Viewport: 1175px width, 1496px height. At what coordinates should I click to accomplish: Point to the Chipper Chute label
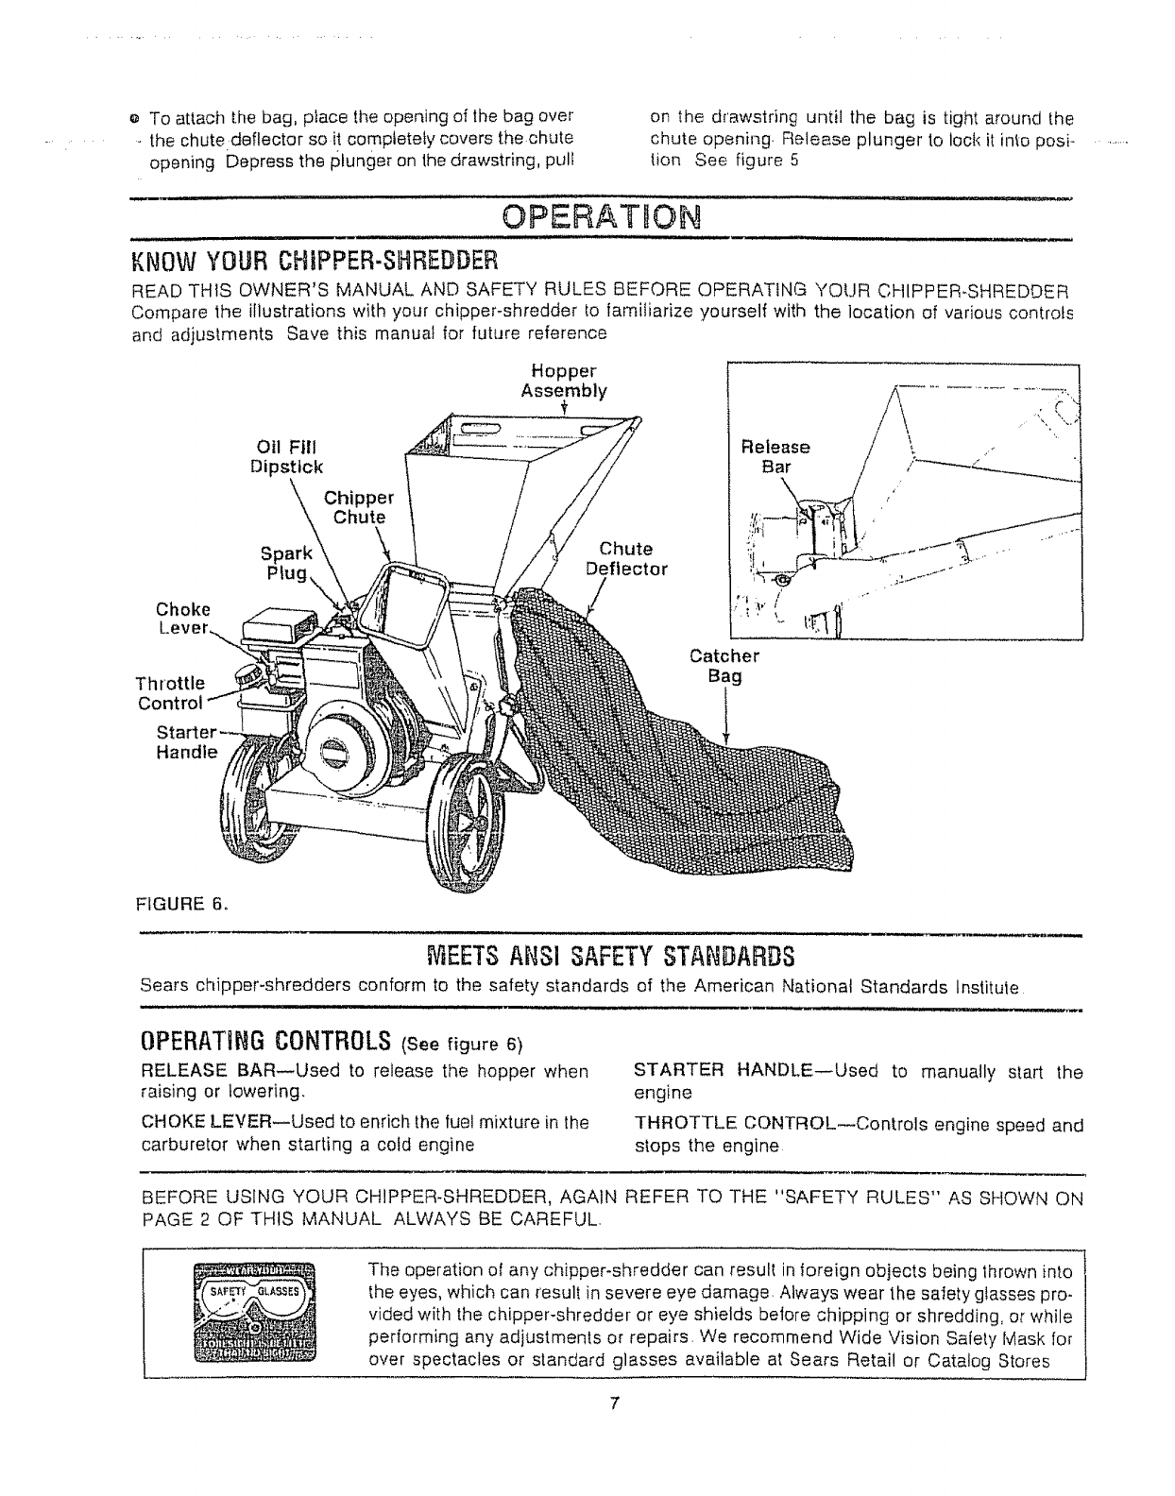[x=359, y=507]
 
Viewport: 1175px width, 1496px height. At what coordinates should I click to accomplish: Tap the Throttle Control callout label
[x=170, y=692]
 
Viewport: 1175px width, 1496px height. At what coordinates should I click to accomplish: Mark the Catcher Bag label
[x=724, y=666]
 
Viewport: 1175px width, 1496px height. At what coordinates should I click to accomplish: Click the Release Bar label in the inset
[x=775, y=456]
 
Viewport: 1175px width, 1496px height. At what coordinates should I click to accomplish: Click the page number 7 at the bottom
[x=613, y=1403]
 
